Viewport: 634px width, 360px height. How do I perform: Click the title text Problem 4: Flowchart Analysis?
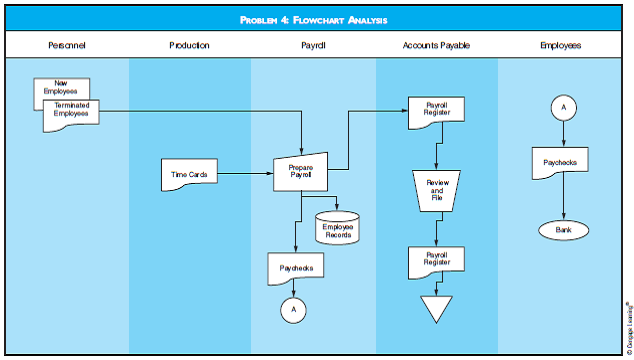pyautogui.click(x=316, y=19)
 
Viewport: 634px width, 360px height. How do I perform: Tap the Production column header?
pyautogui.click(x=188, y=45)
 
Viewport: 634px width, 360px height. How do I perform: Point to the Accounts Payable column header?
pyautogui.click(x=436, y=45)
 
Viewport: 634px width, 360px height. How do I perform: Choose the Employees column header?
pyautogui.click(x=560, y=45)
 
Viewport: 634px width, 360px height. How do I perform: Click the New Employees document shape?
pyautogui.click(x=61, y=86)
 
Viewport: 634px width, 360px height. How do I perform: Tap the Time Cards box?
pyautogui.click(x=190, y=174)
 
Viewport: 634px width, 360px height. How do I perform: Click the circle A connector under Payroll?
pyautogui.click(x=294, y=310)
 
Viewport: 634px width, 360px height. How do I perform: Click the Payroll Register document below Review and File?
pyautogui.click(x=436, y=262)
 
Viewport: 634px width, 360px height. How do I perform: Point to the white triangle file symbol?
pyautogui.click(x=436, y=306)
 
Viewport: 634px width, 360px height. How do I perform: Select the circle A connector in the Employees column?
pyautogui.click(x=562, y=108)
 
